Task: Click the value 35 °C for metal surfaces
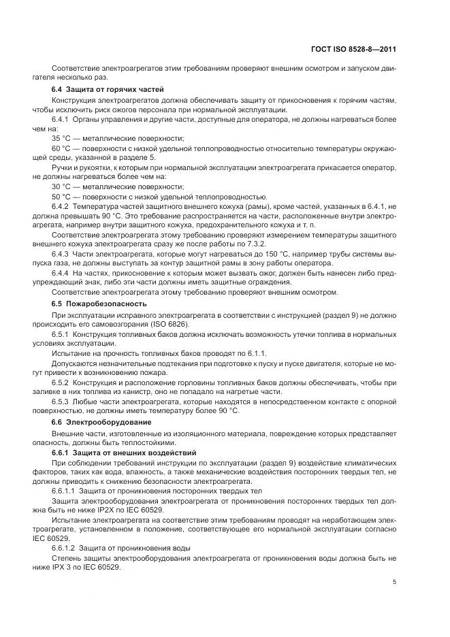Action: coord(61,137)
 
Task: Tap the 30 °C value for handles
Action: coord(61,186)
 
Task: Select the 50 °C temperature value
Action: coord(61,196)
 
